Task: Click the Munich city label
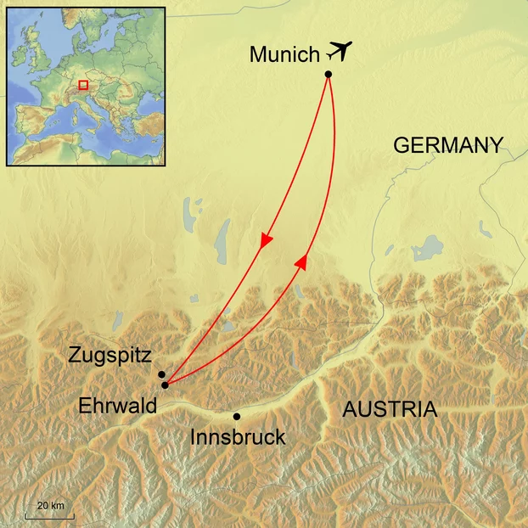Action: click(x=284, y=54)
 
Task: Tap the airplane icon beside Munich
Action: click(x=338, y=51)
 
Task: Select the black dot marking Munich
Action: click(x=329, y=75)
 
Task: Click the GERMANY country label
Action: click(x=448, y=145)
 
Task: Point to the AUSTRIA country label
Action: click(x=390, y=410)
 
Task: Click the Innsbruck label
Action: click(x=238, y=438)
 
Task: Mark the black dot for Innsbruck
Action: click(x=236, y=416)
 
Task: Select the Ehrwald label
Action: click(x=117, y=406)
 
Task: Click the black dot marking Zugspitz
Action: click(x=161, y=374)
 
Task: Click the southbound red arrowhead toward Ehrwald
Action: click(x=266, y=241)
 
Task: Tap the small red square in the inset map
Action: click(x=83, y=85)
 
